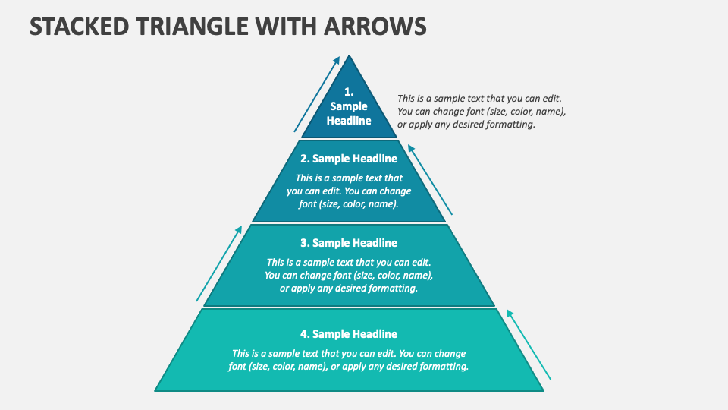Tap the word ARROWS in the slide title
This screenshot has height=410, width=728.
click(x=376, y=26)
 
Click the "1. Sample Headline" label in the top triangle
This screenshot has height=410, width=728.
click(x=349, y=106)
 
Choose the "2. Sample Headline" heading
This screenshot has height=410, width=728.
click(x=349, y=159)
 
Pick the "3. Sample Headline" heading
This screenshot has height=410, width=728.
click(x=349, y=243)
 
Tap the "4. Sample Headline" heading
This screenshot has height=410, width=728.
click(x=349, y=334)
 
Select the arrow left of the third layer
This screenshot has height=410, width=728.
click(x=219, y=263)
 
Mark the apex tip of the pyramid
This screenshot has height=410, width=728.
click(x=349, y=55)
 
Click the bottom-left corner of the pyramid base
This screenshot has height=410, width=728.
click(x=155, y=390)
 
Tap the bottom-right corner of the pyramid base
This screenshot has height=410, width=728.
click(x=543, y=390)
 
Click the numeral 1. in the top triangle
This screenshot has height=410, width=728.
click(x=349, y=92)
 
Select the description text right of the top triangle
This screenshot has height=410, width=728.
click(x=482, y=112)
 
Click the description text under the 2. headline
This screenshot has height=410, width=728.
click(x=349, y=191)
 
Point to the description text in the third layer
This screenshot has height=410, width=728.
click(x=349, y=276)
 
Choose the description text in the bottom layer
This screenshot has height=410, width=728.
click(x=349, y=360)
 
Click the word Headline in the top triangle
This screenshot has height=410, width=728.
click(x=349, y=121)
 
